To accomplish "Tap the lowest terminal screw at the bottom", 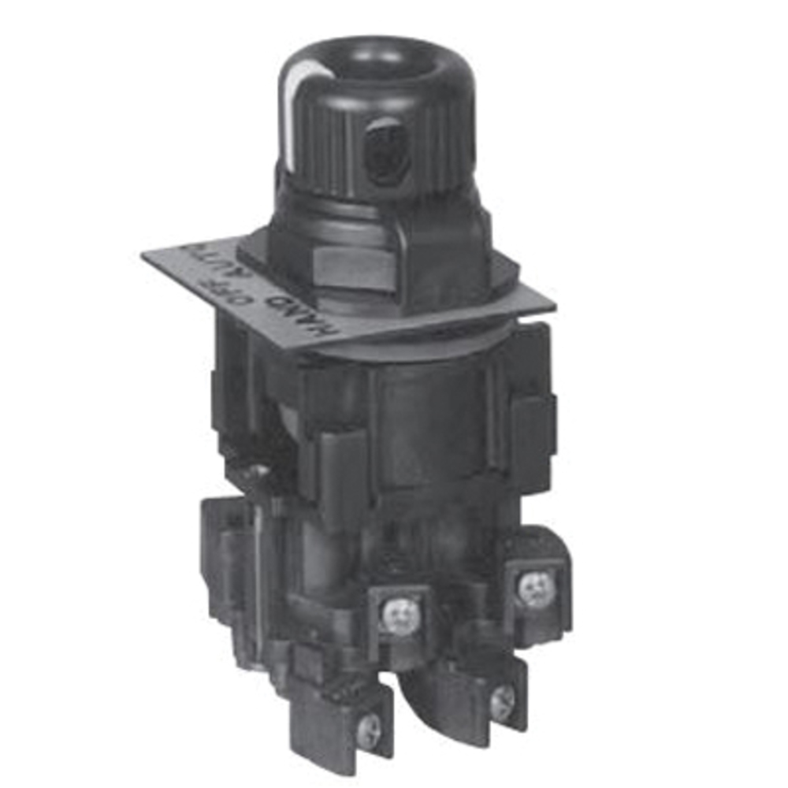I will (x=370, y=732).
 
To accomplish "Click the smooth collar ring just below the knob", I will (x=370, y=211).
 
